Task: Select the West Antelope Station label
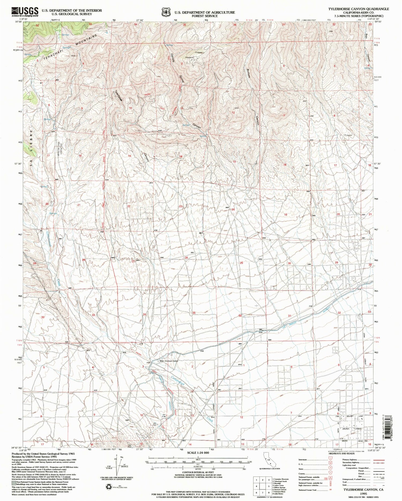tap(169, 361)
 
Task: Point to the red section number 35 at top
tap(184, 25)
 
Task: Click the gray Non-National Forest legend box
tap(14, 482)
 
